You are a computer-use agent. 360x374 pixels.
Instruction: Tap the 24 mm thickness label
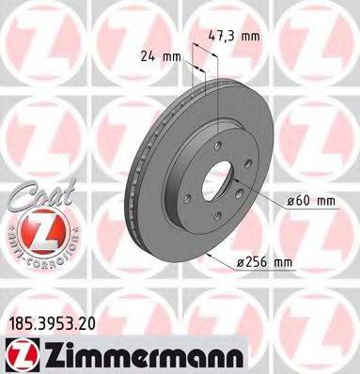pos(159,55)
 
